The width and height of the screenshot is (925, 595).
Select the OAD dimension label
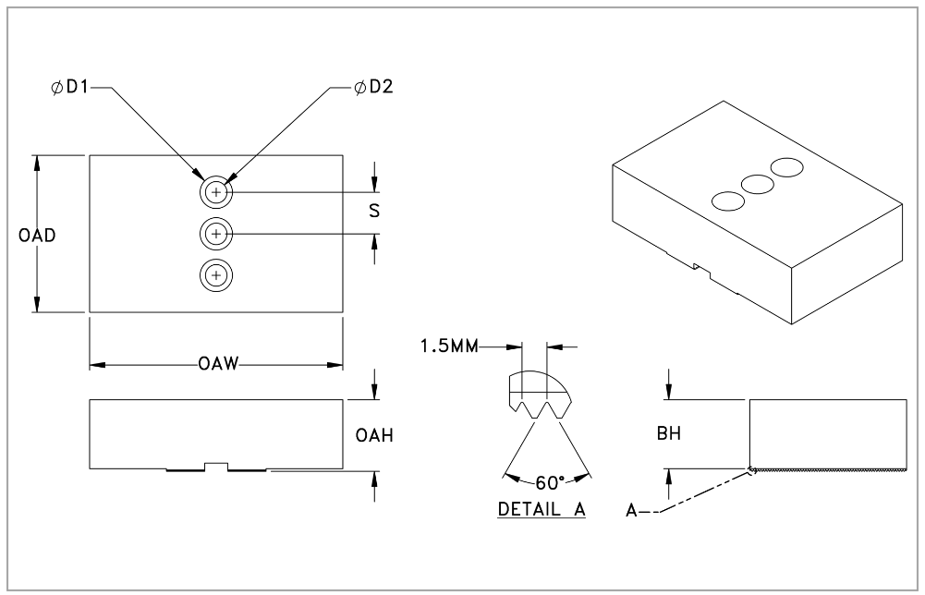[x=37, y=236]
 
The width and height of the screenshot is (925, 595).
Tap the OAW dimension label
[x=218, y=365]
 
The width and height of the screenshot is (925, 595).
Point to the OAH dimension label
[x=375, y=436]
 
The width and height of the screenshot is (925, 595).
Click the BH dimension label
[x=669, y=435]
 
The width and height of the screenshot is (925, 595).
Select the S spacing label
[x=373, y=211]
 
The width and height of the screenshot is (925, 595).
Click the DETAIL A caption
[x=542, y=509]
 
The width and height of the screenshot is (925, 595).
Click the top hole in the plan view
[x=216, y=193]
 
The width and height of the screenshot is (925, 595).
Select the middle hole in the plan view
[x=216, y=235]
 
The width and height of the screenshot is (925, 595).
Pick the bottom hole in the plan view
[x=216, y=275]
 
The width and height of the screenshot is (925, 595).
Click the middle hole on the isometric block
[x=758, y=184]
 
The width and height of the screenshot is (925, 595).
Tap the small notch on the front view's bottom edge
[x=216, y=465]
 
